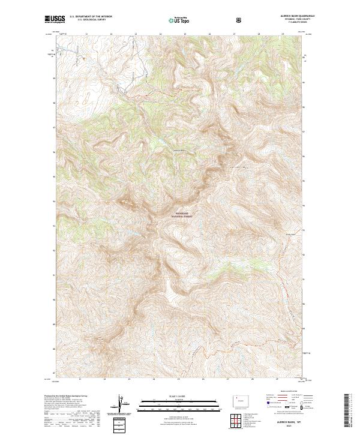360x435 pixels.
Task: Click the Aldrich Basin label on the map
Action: tap(181, 150)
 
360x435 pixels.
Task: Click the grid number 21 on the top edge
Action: tap(86, 35)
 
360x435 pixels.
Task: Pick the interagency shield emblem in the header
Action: tap(239, 19)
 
